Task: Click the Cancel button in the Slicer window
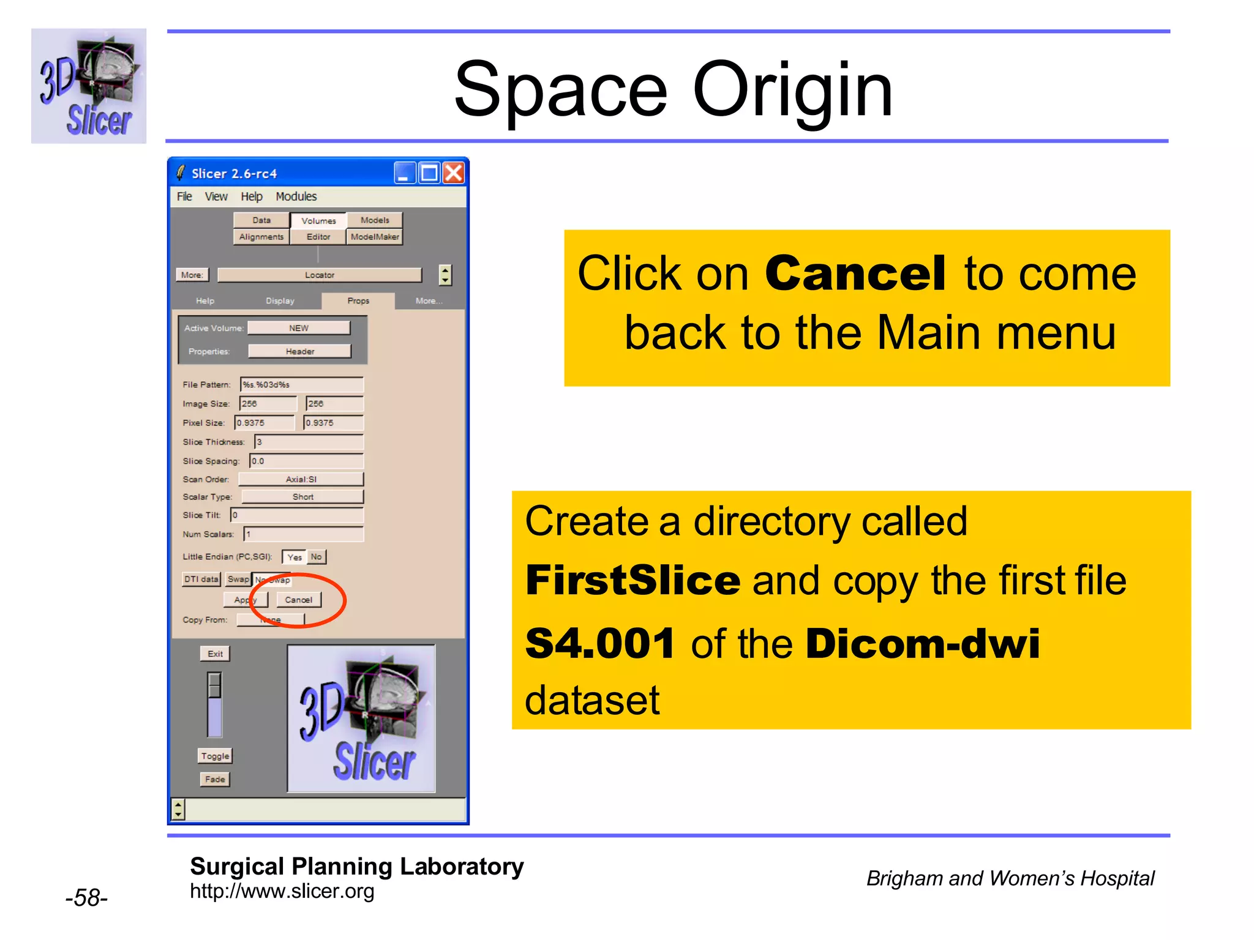tap(298, 600)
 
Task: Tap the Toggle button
tap(215, 756)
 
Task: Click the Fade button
tap(215, 779)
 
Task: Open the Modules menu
tap(296, 196)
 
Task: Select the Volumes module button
tap(318, 220)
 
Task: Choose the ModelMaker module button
tap(375, 237)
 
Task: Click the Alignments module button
tap(261, 237)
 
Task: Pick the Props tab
tap(358, 300)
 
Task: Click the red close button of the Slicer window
tap(454, 173)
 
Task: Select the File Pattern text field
tap(302, 384)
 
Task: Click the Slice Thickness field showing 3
tap(309, 442)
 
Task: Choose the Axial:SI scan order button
tap(301, 479)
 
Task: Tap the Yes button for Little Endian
tap(295, 557)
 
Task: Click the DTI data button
tap(201, 579)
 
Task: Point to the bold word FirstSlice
tap(633, 580)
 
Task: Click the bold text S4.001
tap(600, 644)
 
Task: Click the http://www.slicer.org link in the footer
tap(282, 891)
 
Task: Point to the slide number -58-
tap(86, 898)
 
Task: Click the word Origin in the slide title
tap(792, 91)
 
